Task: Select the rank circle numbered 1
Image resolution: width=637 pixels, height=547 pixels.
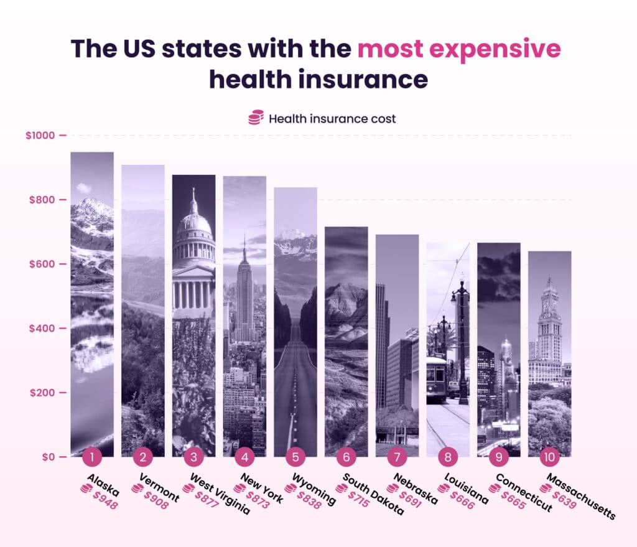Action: coord(92,457)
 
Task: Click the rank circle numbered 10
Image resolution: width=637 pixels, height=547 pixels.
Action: coord(550,457)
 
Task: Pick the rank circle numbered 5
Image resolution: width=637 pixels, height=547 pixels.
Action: coord(295,457)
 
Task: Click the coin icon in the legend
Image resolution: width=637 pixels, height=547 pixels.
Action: coord(256,118)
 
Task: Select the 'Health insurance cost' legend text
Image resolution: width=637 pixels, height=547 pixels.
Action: coord(332,118)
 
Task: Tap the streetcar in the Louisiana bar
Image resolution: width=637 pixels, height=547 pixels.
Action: coord(436,377)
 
